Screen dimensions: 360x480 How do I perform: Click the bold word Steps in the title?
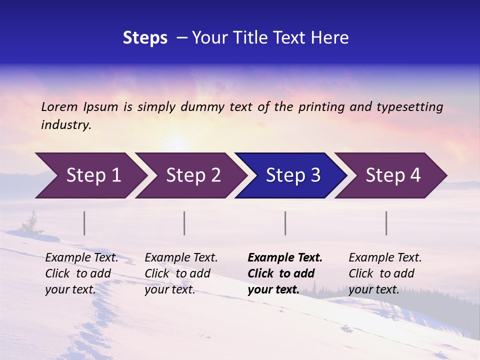145,38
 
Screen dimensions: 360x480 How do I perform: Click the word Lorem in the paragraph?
59,106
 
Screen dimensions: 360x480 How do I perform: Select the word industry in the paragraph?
66,125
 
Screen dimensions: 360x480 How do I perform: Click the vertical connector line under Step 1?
84,223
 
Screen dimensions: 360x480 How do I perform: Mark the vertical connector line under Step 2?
184,223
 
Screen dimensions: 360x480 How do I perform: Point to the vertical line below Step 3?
285,223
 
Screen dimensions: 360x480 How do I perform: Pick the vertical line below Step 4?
386,223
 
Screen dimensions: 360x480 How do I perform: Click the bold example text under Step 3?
284,273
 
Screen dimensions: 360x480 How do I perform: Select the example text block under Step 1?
81,273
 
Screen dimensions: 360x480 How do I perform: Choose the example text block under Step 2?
181,273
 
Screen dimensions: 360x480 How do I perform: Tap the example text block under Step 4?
385,273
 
